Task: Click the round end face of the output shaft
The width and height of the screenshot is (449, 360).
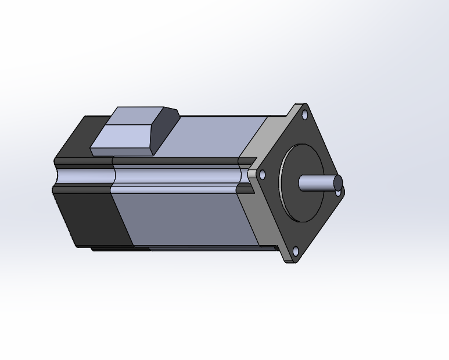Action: pyautogui.click(x=338, y=183)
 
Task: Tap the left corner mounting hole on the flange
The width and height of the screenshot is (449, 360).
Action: pyautogui.click(x=262, y=174)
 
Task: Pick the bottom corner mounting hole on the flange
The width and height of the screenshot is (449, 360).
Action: pyautogui.click(x=295, y=251)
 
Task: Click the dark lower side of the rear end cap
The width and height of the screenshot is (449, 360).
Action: pyautogui.click(x=93, y=218)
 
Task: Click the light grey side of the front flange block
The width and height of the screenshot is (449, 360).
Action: pyautogui.click(x=267, y=215)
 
